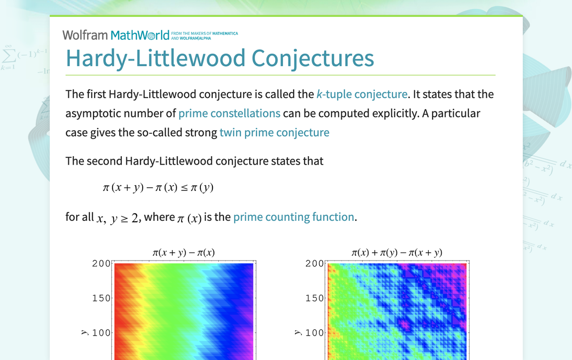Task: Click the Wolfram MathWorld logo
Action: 116,35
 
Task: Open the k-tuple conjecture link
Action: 362,94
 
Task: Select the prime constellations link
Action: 229,113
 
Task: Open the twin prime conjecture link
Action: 274,132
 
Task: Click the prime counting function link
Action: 293,217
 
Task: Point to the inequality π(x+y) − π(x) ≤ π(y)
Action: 158,187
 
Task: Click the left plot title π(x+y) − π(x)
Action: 184,253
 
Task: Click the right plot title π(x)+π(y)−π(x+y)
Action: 396,253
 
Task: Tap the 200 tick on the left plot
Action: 101,264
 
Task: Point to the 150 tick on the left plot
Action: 101,298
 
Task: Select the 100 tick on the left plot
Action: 101,333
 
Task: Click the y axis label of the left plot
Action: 84,332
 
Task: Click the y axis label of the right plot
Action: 297,332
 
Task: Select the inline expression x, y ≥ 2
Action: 117,218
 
